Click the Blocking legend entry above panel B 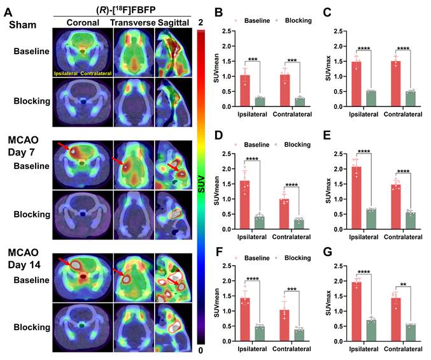[x=296, y=20]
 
